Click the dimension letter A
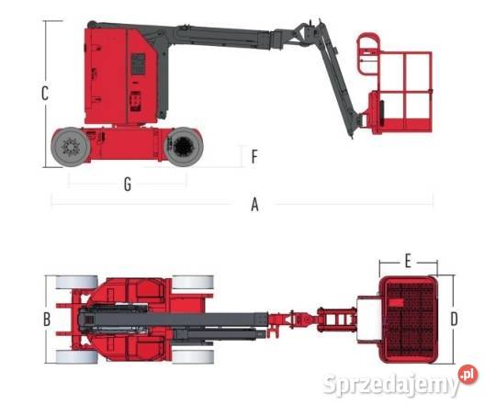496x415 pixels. tap(254, 205)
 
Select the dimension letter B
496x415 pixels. tap(47, 320)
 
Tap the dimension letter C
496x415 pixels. tap(45, 94)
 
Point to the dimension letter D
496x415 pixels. tap(454, 319)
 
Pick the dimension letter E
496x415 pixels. tap(408, 262)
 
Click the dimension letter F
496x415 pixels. tap(254, 157)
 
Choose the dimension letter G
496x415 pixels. tap(128, 185)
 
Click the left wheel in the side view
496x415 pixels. tap(71, 147)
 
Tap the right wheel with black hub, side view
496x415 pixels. tap(184, 147)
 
